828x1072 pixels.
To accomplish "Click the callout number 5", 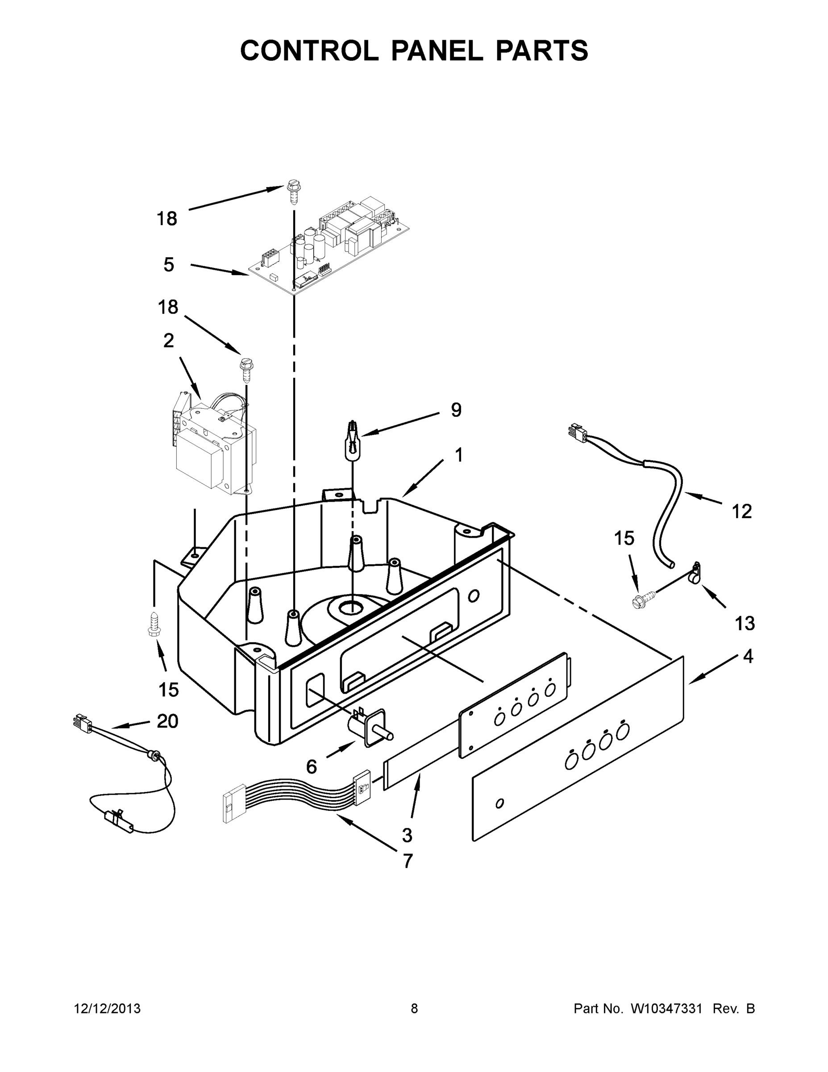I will pos(169,265).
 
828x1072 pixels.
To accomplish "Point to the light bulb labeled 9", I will pos(352,440).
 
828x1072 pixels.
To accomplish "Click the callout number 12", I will pos(742,511).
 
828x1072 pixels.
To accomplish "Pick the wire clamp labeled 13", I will pos(695,574).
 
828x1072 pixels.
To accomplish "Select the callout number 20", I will pos(167,721).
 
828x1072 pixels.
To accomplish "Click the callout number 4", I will pos(748,656).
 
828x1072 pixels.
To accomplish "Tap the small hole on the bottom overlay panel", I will pos(499,804).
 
